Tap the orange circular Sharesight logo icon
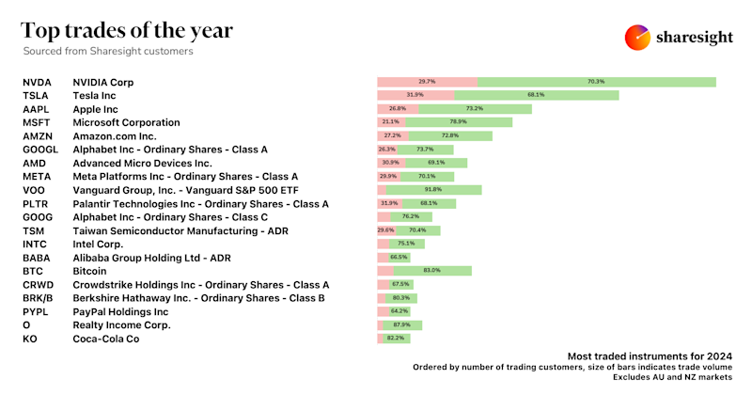coord(638,38)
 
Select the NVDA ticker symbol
coord(38,83)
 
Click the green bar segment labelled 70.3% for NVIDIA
coord(596,82)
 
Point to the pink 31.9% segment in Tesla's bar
coord(415,95)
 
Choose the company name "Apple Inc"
coord(102,109)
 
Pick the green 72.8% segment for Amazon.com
coord(456,135)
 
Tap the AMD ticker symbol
coord(35,163)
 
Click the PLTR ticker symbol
coord(36,203)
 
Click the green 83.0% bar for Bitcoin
coord(433,271)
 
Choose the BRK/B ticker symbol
coord(40,298)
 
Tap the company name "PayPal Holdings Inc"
coord(120,311)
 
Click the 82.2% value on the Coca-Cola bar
coord(396,339)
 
